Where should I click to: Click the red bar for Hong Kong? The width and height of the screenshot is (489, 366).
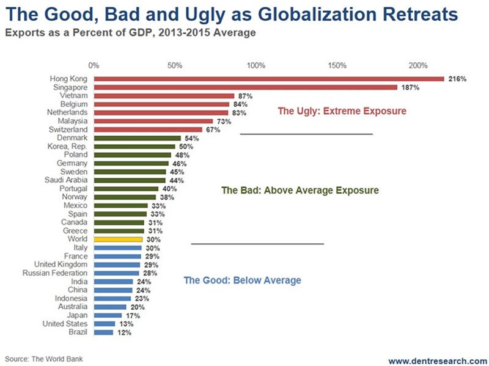click(269, 79)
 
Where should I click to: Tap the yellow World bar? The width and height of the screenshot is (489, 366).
click(118, 240)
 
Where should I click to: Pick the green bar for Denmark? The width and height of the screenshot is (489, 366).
click(138, 138)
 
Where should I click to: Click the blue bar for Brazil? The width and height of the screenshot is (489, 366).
click(103, 332)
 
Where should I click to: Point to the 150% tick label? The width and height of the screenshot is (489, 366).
click(337, 65)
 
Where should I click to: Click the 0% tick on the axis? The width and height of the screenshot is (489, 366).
click(94, 65)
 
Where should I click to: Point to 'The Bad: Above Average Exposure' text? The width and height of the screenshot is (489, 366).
click(300, 190)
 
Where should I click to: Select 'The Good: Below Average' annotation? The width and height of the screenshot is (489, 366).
click(242, 280)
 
